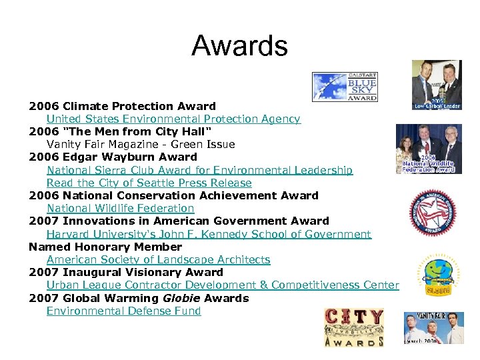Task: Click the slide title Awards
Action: [239, 46]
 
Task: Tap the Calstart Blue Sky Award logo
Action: [344, 87]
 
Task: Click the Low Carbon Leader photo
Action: [437, 85]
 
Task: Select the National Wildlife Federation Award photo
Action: [428, 149]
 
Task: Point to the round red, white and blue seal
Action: [432, 213]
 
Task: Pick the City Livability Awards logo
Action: [354, 327]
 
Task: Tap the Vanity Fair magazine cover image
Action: [433, 328]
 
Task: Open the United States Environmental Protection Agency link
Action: [173, 119]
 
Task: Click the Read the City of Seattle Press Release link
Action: [149, 183]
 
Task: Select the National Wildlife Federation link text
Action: [120, 208]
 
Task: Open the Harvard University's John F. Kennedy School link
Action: [209, 234]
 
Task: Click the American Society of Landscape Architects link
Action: [158, 259]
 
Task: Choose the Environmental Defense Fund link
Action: [123, 311]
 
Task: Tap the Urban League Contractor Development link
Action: [223, 285]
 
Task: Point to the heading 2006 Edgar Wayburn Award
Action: [113, 157]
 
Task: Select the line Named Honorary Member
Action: [105, 247]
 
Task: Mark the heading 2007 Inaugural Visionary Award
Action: [126, 272]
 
